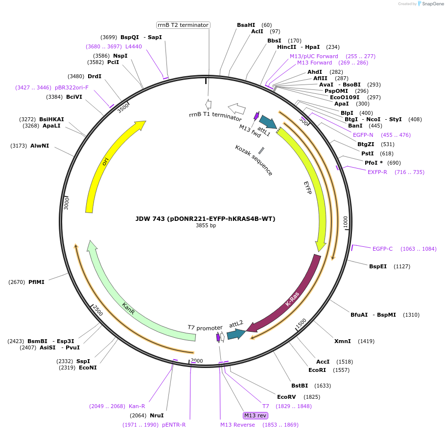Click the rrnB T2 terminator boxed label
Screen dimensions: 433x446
point(183,25)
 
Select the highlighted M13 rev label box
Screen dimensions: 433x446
point(255,415)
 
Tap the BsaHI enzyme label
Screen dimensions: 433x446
point(246,25)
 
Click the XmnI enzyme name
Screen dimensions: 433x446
point(342,341)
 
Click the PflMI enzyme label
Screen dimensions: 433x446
point(36,282)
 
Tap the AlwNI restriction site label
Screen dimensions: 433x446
point(40,146)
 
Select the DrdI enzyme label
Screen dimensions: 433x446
point(94,76)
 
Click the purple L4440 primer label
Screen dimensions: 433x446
point(134,46)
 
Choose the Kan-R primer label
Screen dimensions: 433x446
point(137,406)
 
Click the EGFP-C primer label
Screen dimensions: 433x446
point(382,249)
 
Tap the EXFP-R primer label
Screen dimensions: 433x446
point(377,172)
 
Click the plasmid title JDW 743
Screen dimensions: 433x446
point(205,218)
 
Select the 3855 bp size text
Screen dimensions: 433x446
point(206,226)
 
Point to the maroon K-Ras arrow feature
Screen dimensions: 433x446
point(294,298)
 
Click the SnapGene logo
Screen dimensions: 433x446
point(431,4)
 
